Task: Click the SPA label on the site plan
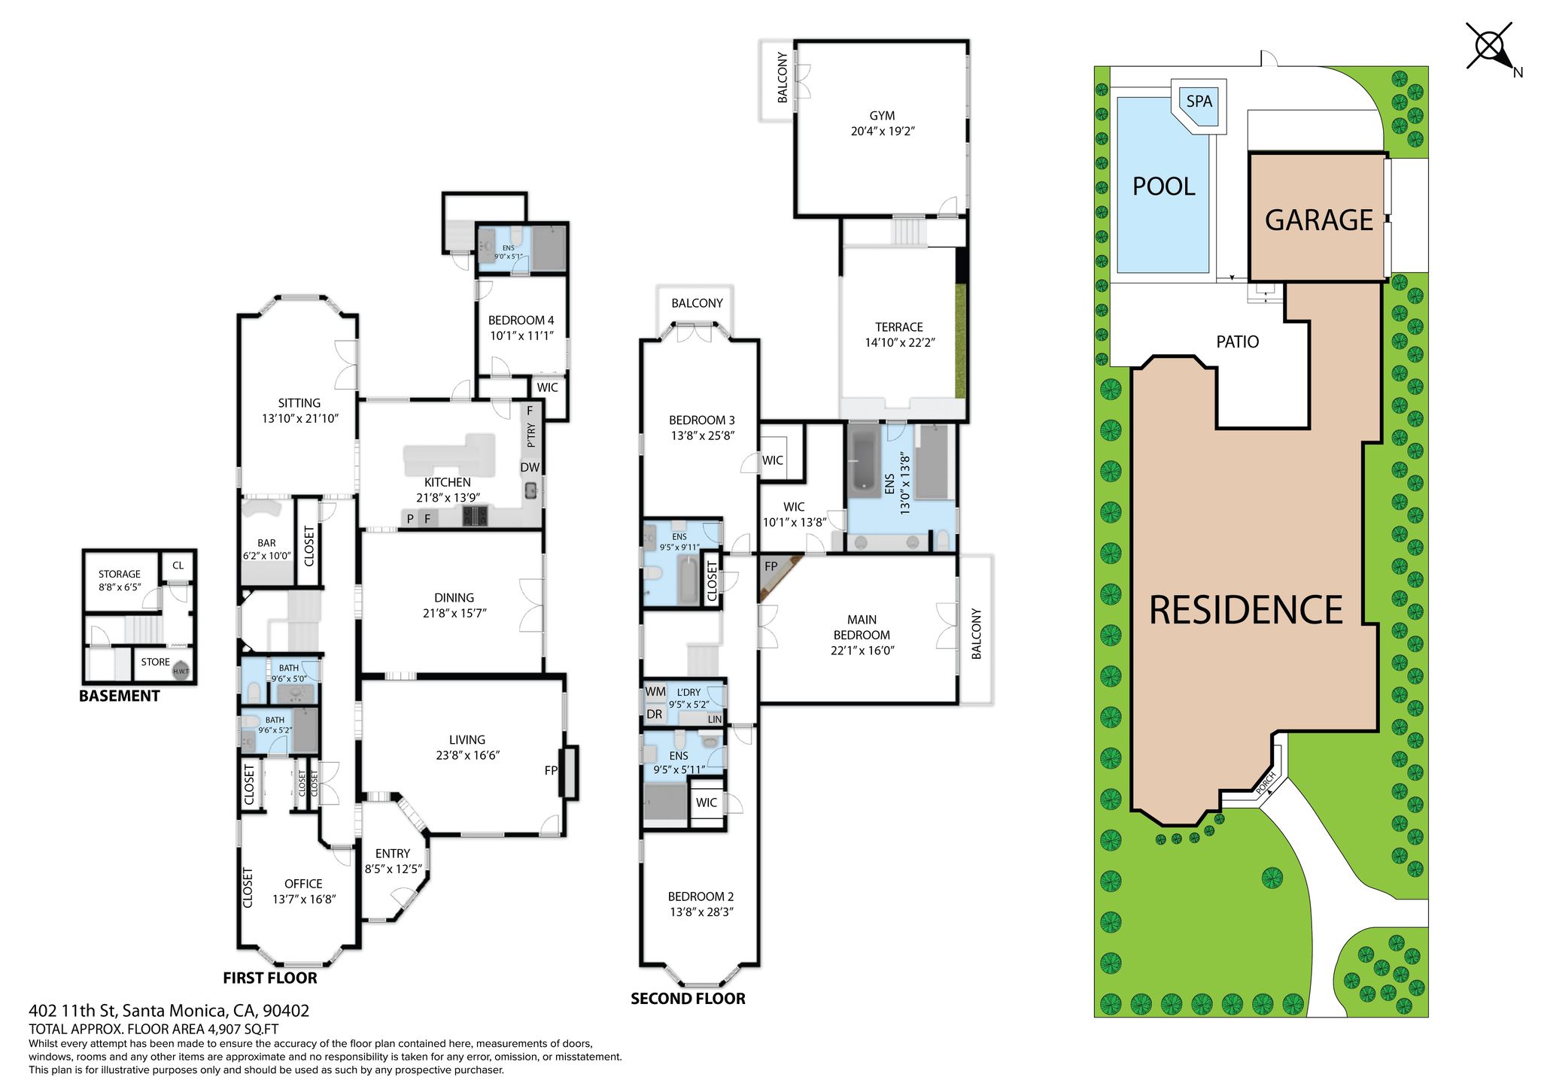[x=1199, y=101]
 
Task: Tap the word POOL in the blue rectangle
[x=1163, y=187]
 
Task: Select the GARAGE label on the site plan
[x=1319, y=220]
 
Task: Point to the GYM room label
[x=882, y=116]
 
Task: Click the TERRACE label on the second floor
[x=899, y=327]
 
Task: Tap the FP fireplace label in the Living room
[x=552, y=770]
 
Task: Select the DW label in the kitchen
[x=530, y=467]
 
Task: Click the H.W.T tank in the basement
[x=181, y=671]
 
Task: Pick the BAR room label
[x=266, y=543]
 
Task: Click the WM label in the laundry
[x=655, y=692]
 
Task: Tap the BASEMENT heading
[x=120, y=696]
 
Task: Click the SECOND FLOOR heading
[x=688, y=999]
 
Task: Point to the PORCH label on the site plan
[x=1266, y=782]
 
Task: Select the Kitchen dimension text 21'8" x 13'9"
[x=448, y=498]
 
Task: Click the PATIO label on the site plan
[x=1238, y=342]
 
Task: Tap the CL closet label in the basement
[x=178, y=566]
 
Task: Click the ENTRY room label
[x=393, y=854]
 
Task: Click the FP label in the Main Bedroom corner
[x=771, y=566]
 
